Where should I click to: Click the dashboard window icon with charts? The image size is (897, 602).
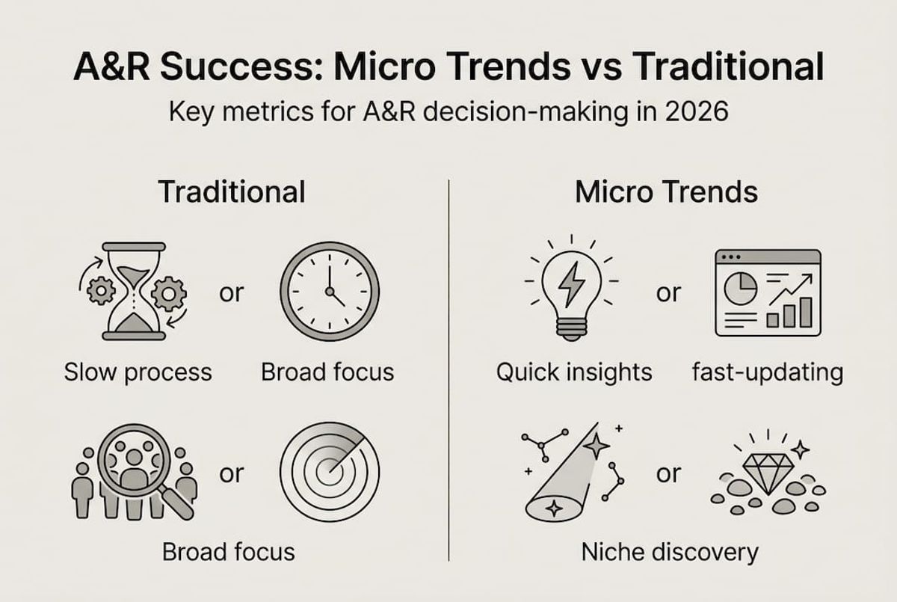click(x=767, y=292)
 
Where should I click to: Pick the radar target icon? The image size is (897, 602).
click(x=327, y=471)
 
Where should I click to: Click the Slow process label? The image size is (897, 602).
click(x=138, y=372)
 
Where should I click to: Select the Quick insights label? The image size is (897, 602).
click(x=574, y=372)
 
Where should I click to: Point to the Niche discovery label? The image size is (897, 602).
click(x=669, y=553)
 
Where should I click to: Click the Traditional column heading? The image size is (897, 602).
click(x=232, y=192)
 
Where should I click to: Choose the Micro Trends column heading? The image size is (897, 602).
click(x=666, y=192)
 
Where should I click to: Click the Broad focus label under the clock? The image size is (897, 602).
click(x=327, y=372)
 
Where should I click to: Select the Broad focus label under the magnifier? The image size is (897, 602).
click(x=229, y=553)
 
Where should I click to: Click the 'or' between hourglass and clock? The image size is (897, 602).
click(x=231, y=293)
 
